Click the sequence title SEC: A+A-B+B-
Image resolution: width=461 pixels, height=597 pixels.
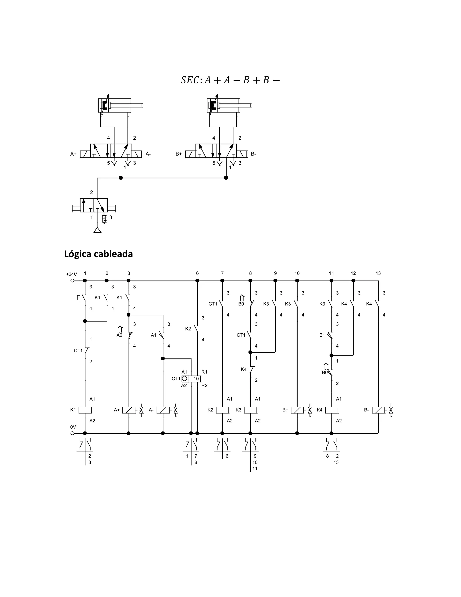[230, 80]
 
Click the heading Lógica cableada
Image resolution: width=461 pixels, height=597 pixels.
[98, 254]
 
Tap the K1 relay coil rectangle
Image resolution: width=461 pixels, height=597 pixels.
[85, 410]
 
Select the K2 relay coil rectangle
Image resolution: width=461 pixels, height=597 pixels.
[222, 410]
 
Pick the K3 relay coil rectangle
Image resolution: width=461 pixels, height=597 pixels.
[250, 410]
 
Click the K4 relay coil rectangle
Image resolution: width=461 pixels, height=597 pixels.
[332, 410]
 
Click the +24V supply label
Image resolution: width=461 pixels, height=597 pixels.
[72, 274]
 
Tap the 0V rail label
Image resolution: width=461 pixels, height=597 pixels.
[73, 427]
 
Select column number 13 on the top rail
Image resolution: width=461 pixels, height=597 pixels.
[378, 273]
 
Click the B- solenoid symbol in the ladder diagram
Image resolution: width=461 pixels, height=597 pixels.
[379, 410]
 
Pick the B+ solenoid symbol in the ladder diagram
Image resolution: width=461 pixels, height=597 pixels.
[297, 410]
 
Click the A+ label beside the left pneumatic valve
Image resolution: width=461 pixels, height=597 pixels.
[73, 154]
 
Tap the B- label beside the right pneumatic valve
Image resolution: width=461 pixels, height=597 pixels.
[253, 154]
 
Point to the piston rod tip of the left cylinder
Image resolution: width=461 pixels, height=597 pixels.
[142, 105]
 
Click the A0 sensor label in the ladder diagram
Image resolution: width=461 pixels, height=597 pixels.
[119, 335]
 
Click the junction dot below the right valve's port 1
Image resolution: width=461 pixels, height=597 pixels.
[226, 178]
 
